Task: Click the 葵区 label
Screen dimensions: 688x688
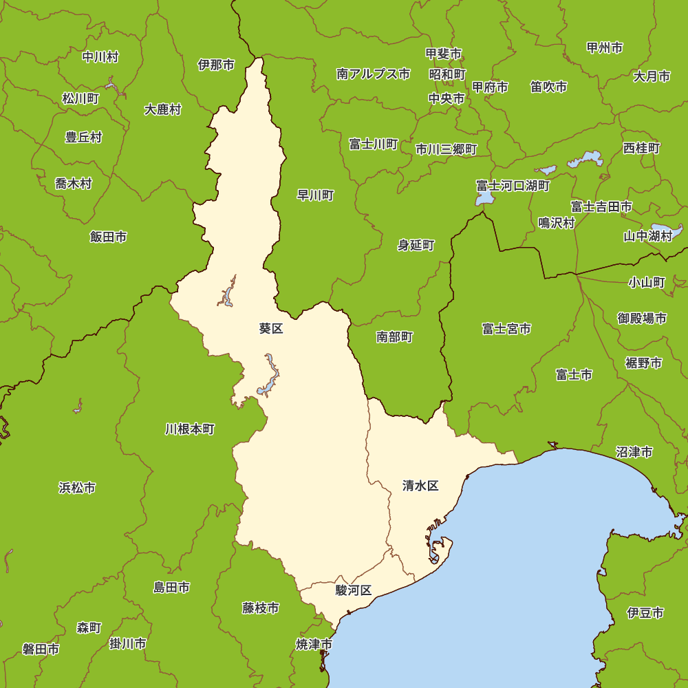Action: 271,329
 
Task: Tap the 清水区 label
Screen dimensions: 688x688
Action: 420,486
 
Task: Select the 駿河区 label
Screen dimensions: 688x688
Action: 354,590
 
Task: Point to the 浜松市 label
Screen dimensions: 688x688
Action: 77,488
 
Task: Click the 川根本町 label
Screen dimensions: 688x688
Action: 190,429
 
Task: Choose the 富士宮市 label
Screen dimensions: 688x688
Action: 506,329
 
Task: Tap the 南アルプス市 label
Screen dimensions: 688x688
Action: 374,74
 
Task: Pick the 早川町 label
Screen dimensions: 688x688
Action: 315,195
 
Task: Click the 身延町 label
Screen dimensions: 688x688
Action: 416,245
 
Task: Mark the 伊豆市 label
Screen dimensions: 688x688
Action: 645,612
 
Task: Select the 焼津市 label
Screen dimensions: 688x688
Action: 314,645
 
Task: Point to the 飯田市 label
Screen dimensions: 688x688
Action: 108,237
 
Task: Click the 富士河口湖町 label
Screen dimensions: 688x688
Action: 513,186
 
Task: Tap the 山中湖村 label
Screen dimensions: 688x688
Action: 647,236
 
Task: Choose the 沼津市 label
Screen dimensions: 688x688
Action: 634,452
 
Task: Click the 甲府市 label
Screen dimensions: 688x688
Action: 490,87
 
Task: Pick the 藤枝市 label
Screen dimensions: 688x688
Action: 261,608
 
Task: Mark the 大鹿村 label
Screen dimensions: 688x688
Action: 163,109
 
